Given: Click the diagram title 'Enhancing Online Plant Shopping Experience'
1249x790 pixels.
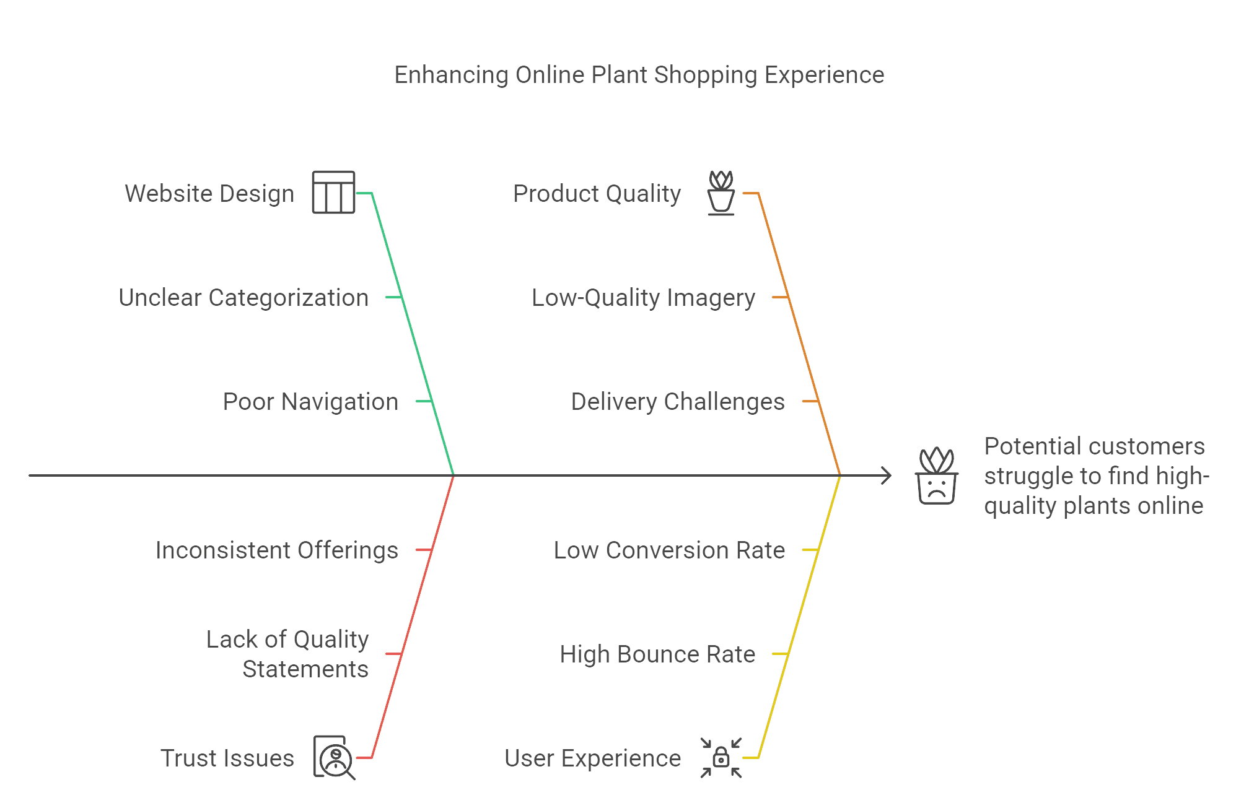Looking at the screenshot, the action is (x=639, y=75).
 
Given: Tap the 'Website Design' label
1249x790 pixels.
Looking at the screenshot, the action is (x=209, y=194).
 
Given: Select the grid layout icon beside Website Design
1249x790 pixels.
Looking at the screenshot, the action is (x=333, y=193).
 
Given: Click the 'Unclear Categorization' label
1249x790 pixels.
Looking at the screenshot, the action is (x=243, y=298).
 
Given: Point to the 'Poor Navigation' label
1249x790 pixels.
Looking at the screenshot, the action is (x=310, y=402).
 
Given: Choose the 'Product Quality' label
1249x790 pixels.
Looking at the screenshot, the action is (x=597, y=194).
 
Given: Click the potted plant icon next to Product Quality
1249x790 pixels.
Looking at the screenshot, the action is (x=721, y=193).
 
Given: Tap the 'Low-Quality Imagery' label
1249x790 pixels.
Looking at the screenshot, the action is (x=644, y=298).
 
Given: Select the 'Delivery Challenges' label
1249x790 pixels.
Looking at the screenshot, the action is (x=678, y=402).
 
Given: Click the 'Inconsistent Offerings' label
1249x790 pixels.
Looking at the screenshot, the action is (x=276, y=550).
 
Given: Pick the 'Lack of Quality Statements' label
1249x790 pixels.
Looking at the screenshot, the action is (x=288, y=654).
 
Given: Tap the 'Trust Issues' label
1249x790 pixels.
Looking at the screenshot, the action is (x=227, y=758).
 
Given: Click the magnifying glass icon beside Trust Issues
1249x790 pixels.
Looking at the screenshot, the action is (x=335, y=758).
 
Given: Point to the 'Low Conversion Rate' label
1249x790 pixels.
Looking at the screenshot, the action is (x=670, y=550).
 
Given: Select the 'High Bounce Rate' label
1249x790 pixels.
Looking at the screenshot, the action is (x=657, y=654).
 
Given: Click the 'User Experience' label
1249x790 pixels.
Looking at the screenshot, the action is (x=593, y=758).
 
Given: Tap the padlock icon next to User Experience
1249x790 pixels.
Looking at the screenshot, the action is (x=721, y=757).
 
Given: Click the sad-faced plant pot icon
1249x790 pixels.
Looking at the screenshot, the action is (x=936, y=476).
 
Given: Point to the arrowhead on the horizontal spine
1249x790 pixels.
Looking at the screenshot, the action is (x=887, y=476).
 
